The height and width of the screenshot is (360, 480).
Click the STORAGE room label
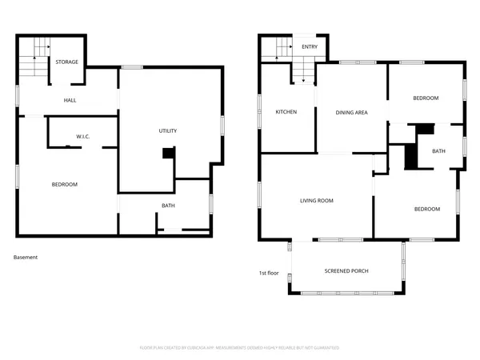pyautogui.click(x=66, y=62)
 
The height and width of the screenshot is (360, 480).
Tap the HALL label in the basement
pyautogui.click(x=70, y=100)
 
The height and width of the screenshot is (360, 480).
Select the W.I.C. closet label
pyautogui.click(x=83, y=137)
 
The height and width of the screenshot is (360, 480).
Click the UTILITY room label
pyautogui.click(x=167, y=130)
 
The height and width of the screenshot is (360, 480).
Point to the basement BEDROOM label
pyautogui.click(x=64, y=185)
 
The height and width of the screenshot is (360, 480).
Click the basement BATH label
pyautogui.click(x=168, y=206)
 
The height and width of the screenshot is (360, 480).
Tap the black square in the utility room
pyautogui.click(x=168, y=154)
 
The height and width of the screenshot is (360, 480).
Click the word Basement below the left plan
pyautogui.click(x=26, y=258)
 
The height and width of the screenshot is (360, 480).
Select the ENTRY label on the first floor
pyautogui.click(x=309, y=47)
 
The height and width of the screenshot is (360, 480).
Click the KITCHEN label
pyautogui.click(x=286, y=112)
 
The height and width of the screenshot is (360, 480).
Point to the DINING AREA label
pyautogui.click(x=350, y=113)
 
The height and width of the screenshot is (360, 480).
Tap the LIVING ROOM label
pyautogui.click(x=316, y=201)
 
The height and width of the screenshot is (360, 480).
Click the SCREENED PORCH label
pyautogui.click(x=346, y=271)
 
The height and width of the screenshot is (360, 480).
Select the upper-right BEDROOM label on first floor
pyautogui.click(x=426, y=98)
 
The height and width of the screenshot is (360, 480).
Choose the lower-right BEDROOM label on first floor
pyautogui.click(x=426, y=209)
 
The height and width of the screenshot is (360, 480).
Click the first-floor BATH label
pyautogui.click(x=438, y=150)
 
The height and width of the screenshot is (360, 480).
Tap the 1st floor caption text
pyautogui.click(x=268, y=273)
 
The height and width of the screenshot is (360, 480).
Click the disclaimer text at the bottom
pyautogui.click(x=239, y=348)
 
